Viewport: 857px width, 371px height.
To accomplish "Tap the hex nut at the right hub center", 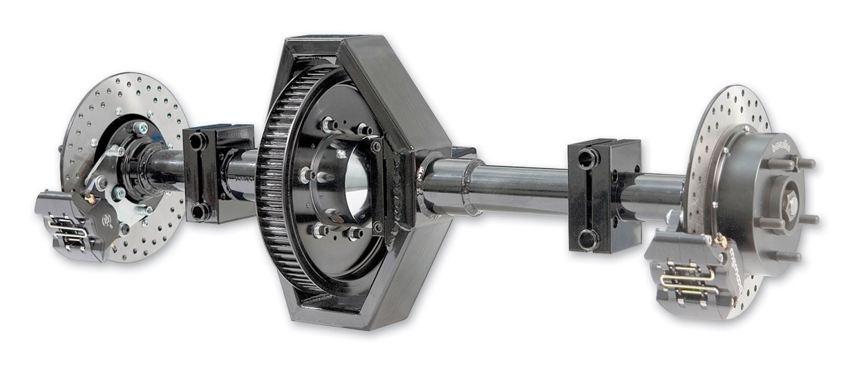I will [x=791, y=202].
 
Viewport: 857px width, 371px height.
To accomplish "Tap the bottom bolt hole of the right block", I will [x=587, y=239].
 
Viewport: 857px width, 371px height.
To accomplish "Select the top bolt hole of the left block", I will [x=196, y=141].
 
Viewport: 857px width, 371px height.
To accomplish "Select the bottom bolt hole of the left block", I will [x=199, y=211].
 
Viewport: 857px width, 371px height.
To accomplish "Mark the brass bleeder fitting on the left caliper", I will [x=90, y=199].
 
